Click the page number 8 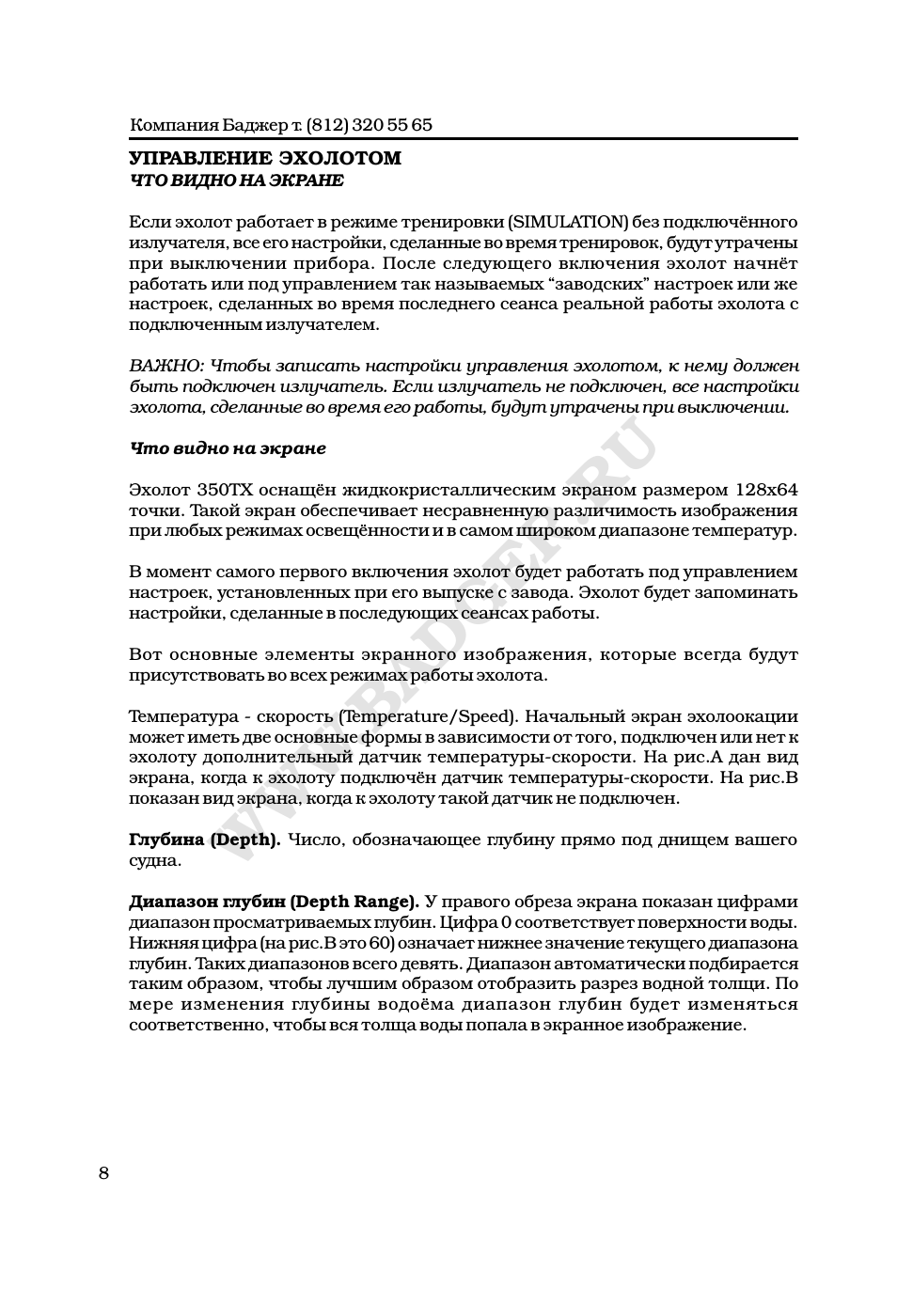(x=103, y=1172)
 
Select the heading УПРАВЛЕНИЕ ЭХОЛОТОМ (x=264, y=158)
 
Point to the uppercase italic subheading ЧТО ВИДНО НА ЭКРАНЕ (x=236, y=179)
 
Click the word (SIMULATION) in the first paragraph (x=568, y=222)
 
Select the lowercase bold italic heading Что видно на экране (x=228, y=448)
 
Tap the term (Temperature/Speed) (x=426, y=715)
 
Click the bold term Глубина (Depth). (x=204, y=840)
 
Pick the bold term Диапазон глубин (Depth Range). (x=274, y=902)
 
